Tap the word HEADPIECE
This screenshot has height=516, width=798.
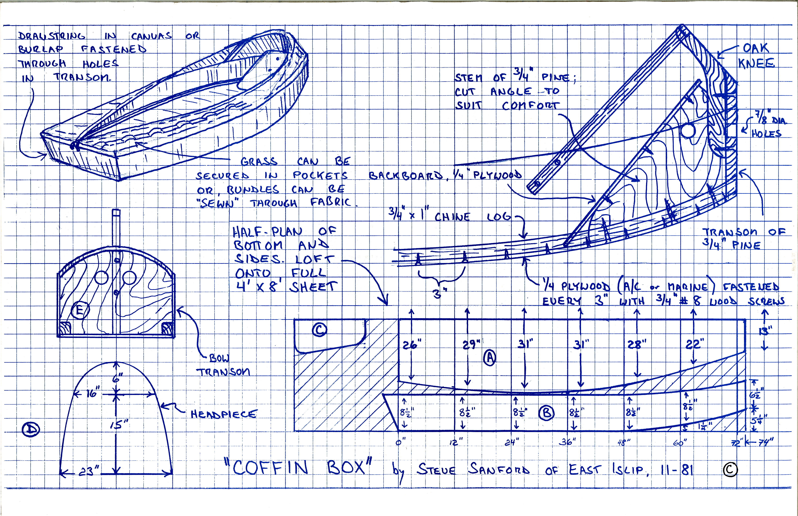[224, 414]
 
